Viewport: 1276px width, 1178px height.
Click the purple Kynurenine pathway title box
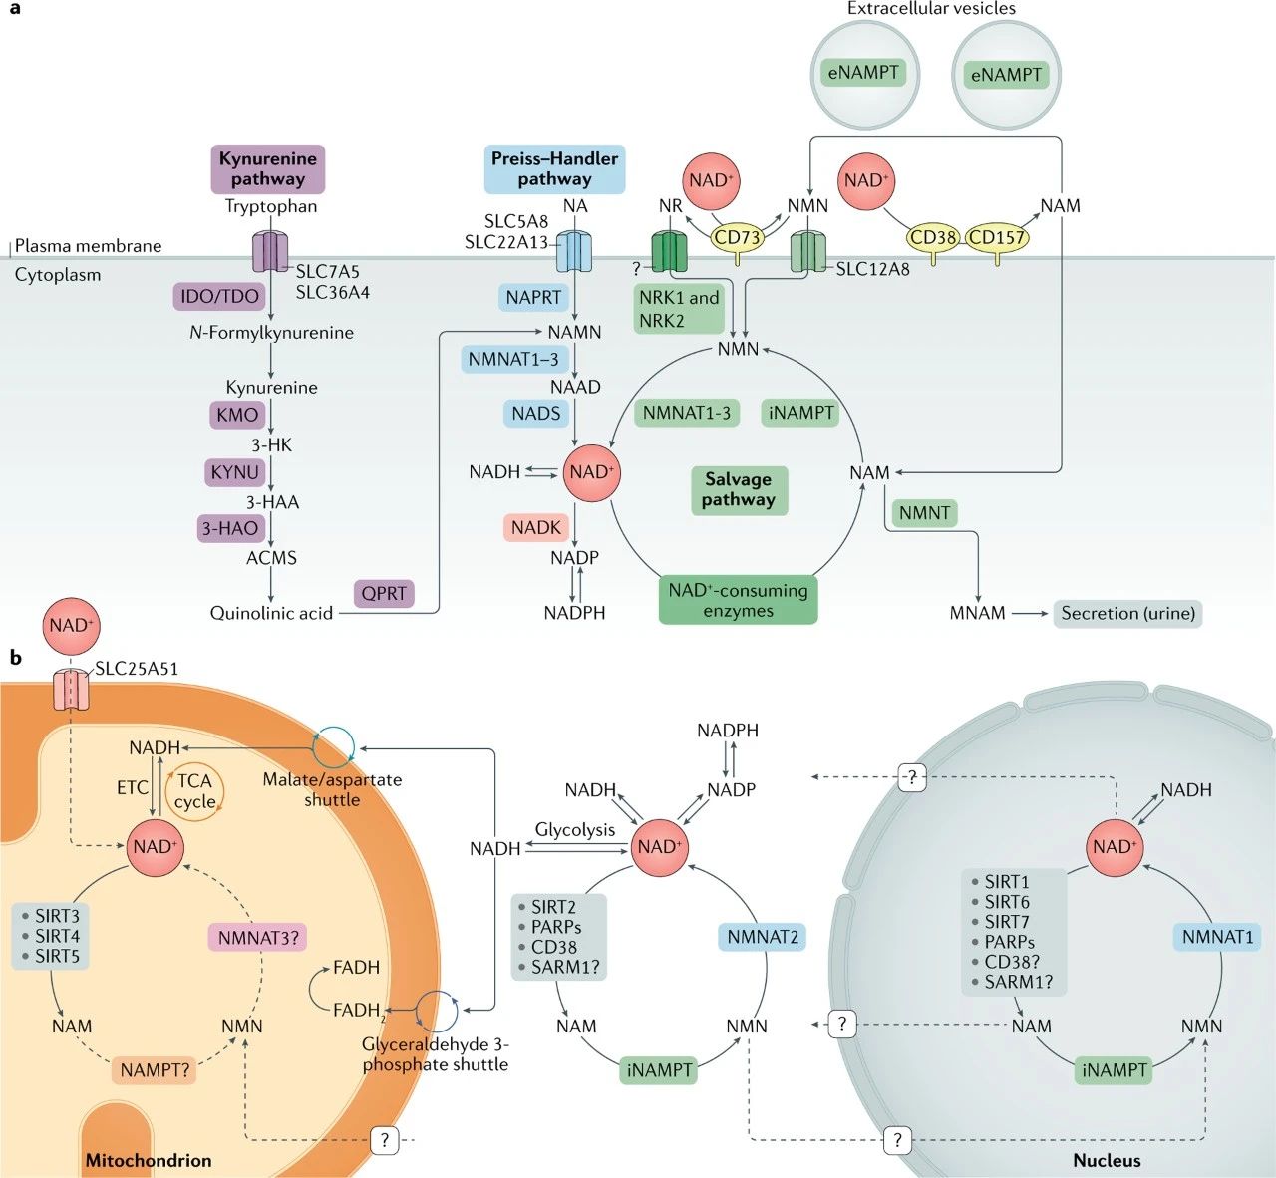coord(267,168)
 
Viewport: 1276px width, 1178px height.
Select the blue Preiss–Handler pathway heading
coord(554,168)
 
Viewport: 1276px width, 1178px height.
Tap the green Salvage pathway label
coord(738,489)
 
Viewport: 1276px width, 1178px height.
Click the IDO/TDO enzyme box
coord(219,296)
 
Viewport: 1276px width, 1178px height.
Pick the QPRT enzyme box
coord(384,593)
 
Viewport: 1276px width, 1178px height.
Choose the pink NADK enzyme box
coord(536,527)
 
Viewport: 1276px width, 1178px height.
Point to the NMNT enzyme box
coord(924,513)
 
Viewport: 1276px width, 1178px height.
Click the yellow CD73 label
coord(738,237)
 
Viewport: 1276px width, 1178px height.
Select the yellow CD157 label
coord(997,237)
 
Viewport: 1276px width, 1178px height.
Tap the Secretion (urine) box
coord(1127,613)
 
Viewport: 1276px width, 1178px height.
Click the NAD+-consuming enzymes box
coord(738,600)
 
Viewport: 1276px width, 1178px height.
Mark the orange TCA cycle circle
coord(194,791)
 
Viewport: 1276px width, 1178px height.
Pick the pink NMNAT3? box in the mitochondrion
coord(258,937)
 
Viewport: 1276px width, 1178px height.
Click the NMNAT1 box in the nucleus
coord(1217,937)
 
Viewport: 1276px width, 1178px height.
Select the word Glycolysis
coord(575,829)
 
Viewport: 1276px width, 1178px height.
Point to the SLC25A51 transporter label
coord(137,669)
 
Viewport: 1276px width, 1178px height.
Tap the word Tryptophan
coord(271,206)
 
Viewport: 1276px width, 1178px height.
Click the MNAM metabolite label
coord(977,613)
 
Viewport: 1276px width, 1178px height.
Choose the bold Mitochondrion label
coord(149,1160)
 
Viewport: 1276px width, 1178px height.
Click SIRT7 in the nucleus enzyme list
coord(1007,922)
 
